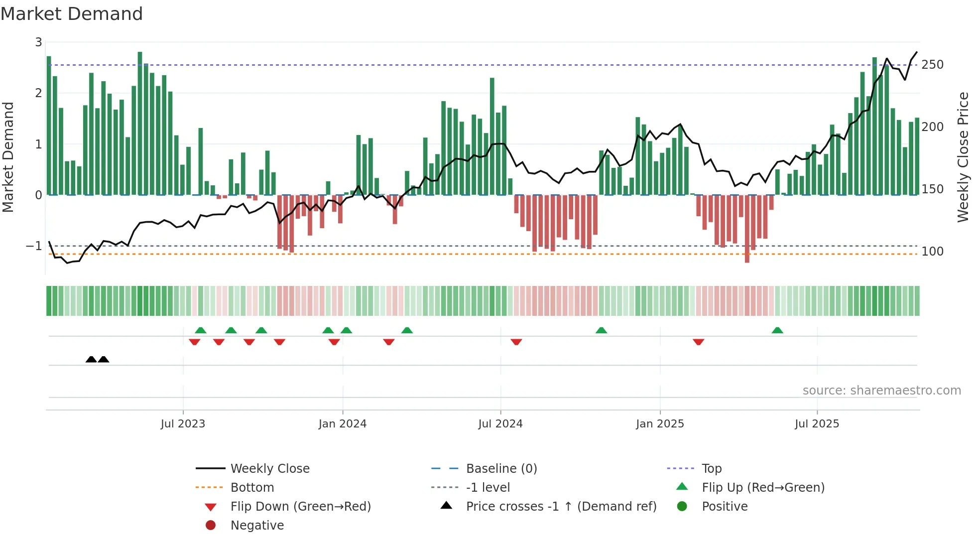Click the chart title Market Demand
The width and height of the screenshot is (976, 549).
72,14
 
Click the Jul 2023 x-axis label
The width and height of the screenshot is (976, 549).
183,424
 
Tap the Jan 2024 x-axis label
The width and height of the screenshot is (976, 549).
343,424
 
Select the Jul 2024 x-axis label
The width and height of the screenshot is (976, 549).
500,424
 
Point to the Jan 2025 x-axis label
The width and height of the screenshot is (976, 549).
660,424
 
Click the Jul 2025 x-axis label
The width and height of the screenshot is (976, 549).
817,424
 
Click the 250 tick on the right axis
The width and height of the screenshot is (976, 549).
932,65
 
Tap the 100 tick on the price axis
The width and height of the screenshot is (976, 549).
932,252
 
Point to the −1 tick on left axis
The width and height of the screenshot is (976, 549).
34,246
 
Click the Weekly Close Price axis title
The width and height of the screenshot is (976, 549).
963,157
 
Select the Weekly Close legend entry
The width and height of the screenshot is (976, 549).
270,469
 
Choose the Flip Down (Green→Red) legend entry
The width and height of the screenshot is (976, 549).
300,507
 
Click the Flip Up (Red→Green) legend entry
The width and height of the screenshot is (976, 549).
763,488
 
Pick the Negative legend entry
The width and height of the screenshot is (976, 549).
257,526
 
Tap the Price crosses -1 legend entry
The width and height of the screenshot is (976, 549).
561,507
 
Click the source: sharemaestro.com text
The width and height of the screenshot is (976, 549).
881,391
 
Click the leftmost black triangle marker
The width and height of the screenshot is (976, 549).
91,359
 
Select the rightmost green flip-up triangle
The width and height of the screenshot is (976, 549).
777,330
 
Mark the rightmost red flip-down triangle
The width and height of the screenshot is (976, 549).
698,342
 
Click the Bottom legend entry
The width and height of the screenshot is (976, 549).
252,488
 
